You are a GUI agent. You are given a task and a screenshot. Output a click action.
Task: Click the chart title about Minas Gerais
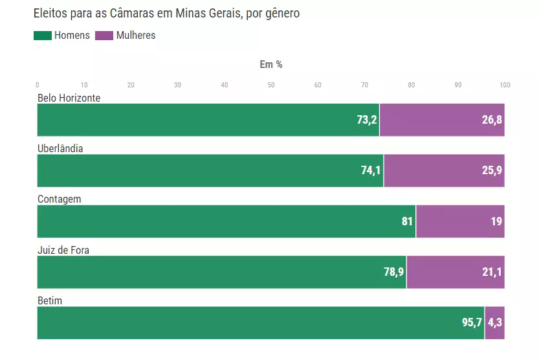click(x=166, y=13)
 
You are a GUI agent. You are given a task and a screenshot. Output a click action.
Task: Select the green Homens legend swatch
click(x=43, y=36)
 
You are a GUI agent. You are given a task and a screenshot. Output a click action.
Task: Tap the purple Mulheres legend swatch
click(x=104, y=36)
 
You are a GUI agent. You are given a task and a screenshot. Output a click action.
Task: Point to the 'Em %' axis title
click(x=271, y=64)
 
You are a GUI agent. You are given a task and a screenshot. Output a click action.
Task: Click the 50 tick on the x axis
click(x=271, y=85)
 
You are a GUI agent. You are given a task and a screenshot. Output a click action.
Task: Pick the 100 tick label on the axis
click(x=505, y=85)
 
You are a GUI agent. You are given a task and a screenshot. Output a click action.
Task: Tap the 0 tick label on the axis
click(x=38, y=85)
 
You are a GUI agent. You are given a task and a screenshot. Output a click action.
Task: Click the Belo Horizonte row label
click(x=69, y=98)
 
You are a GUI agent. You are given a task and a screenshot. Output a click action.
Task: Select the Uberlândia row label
click(x=60, y=148)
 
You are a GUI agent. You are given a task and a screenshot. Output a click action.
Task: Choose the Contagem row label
click(x=60, y=199)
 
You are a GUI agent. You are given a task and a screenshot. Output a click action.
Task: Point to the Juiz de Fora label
click(x=63, y=250)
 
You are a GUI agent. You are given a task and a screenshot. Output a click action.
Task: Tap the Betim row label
click(x=50, y=300)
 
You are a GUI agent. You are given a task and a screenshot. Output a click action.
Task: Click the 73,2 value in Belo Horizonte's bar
click(x=367, y=120)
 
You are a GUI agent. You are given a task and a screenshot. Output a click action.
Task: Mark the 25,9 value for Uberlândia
click(x=492, y=171)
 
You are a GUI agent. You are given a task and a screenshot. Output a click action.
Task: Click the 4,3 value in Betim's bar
click(x=495, y=323)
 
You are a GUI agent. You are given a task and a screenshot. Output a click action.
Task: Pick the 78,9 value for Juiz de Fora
click(x=393, y=273)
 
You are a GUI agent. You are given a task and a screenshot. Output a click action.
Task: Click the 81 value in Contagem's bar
click(x=407, y=221)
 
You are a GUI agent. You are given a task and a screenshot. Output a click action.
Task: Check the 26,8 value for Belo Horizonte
click(x=492, y=120)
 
